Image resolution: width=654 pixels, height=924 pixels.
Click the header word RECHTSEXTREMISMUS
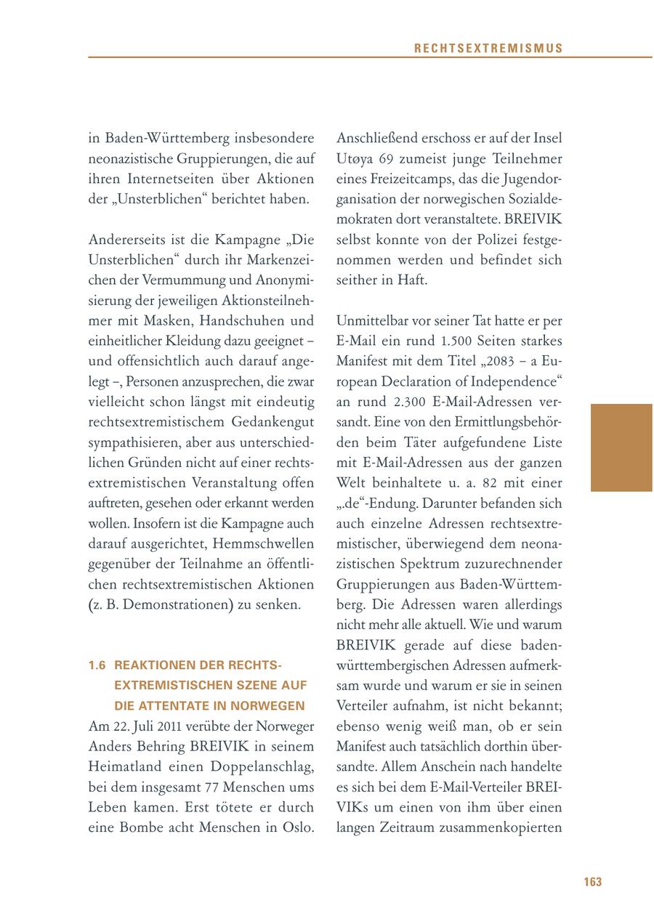488,49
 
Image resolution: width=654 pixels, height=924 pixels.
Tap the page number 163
592,882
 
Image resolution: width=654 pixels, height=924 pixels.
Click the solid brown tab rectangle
621,447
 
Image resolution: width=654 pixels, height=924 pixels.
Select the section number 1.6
97,665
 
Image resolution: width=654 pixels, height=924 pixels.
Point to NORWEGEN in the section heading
270,705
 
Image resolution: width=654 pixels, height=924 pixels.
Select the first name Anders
108,746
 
